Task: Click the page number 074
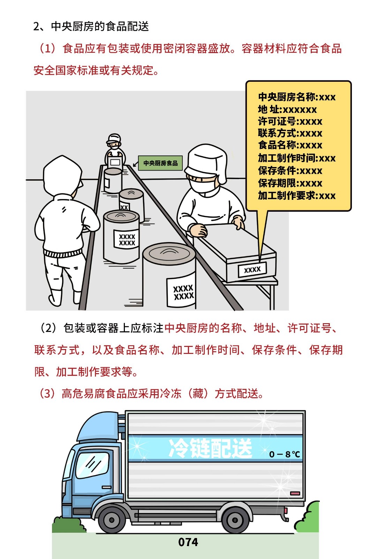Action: [x=188, y=542]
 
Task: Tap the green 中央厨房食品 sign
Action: [x=160, y=163]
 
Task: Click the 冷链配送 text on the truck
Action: [x=210, y=448]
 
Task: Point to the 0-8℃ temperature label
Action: [x=284, y=454]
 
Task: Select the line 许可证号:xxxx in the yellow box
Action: [x=290, y=122]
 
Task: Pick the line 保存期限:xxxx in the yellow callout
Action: [x=290, y=183]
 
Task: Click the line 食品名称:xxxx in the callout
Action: [x=290, y=145]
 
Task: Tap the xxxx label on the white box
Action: [x=252, y=269]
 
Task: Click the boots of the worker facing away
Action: [x=65, y=297]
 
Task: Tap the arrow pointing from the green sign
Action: [x=136, y=164]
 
